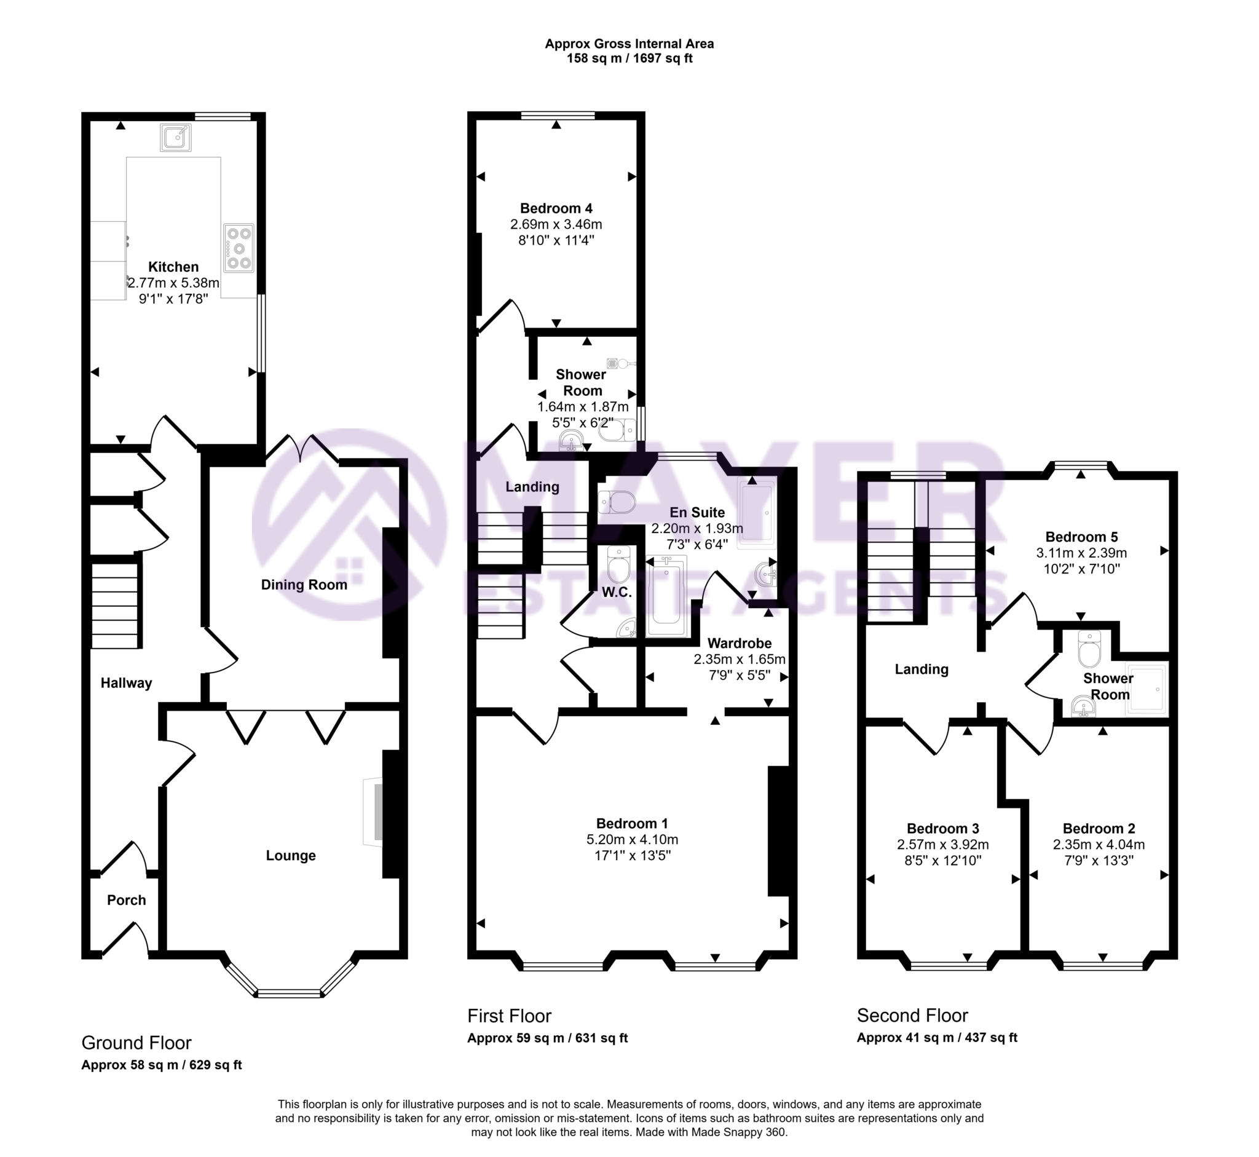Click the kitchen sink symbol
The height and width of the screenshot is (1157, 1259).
click(x=175, y=137)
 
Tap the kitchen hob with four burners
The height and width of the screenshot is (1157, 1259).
click(x=239, y=248)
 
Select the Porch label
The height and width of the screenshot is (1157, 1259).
click(x=127, y=899)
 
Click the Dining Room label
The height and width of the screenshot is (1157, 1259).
click(x=304, y=584)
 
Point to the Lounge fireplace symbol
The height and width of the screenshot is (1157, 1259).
click(x=374, y=813)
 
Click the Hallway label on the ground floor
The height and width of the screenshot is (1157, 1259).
click(x=127, y=682)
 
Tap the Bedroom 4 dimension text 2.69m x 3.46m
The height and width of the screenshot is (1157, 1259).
click(x=556, y=224)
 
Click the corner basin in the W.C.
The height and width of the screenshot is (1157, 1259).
click(x=626, y=628)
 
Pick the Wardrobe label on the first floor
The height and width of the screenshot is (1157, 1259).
click(x=740, y=643)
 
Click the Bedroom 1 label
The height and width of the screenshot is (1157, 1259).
click(x=632, y=823)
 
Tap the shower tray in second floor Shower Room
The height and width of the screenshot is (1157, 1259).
click(x=1147, y=689)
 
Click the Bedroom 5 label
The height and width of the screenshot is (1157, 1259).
click(x=1081, y=537)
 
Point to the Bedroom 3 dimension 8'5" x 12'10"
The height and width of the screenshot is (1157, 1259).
click(x=943, y=860)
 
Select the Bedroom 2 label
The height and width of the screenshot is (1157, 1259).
click(x=1099, y=828)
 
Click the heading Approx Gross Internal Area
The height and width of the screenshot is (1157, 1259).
click(x=629, y=44)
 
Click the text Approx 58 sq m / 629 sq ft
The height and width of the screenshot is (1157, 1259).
click(x=162, y=1065)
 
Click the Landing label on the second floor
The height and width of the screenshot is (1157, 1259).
click(x=921, y=669)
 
